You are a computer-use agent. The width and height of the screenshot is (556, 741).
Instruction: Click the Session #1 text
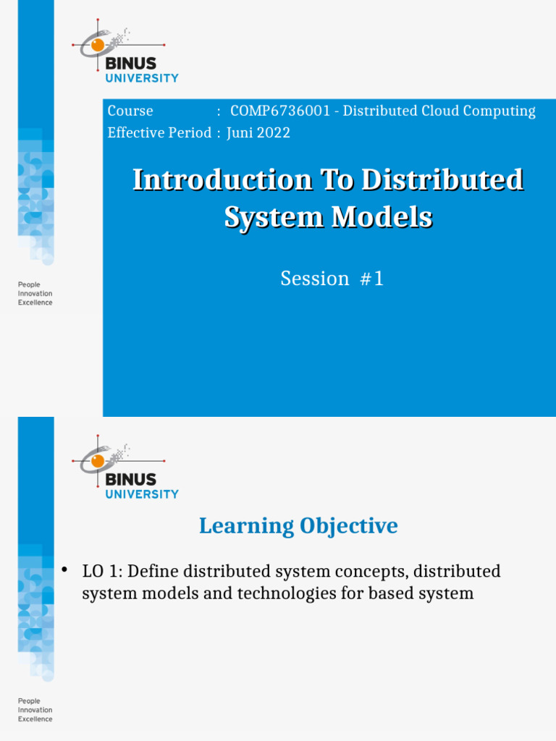[332, 279]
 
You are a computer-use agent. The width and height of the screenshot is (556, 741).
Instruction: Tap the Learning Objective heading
[298, 526]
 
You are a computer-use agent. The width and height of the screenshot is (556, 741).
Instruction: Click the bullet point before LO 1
[64, 571]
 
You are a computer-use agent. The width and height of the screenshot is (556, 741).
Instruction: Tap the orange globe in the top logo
[97, 45]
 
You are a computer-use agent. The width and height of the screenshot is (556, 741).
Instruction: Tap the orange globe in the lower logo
[97, 461]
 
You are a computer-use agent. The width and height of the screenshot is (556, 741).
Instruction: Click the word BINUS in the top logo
[131, 64]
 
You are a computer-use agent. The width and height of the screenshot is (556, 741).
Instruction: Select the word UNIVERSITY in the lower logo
[142, 494]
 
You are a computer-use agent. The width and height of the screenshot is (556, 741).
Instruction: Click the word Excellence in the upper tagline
[35, 303]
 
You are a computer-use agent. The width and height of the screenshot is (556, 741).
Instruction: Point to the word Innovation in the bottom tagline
[35, 710]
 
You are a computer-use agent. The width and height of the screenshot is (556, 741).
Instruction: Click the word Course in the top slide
[130, 111]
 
